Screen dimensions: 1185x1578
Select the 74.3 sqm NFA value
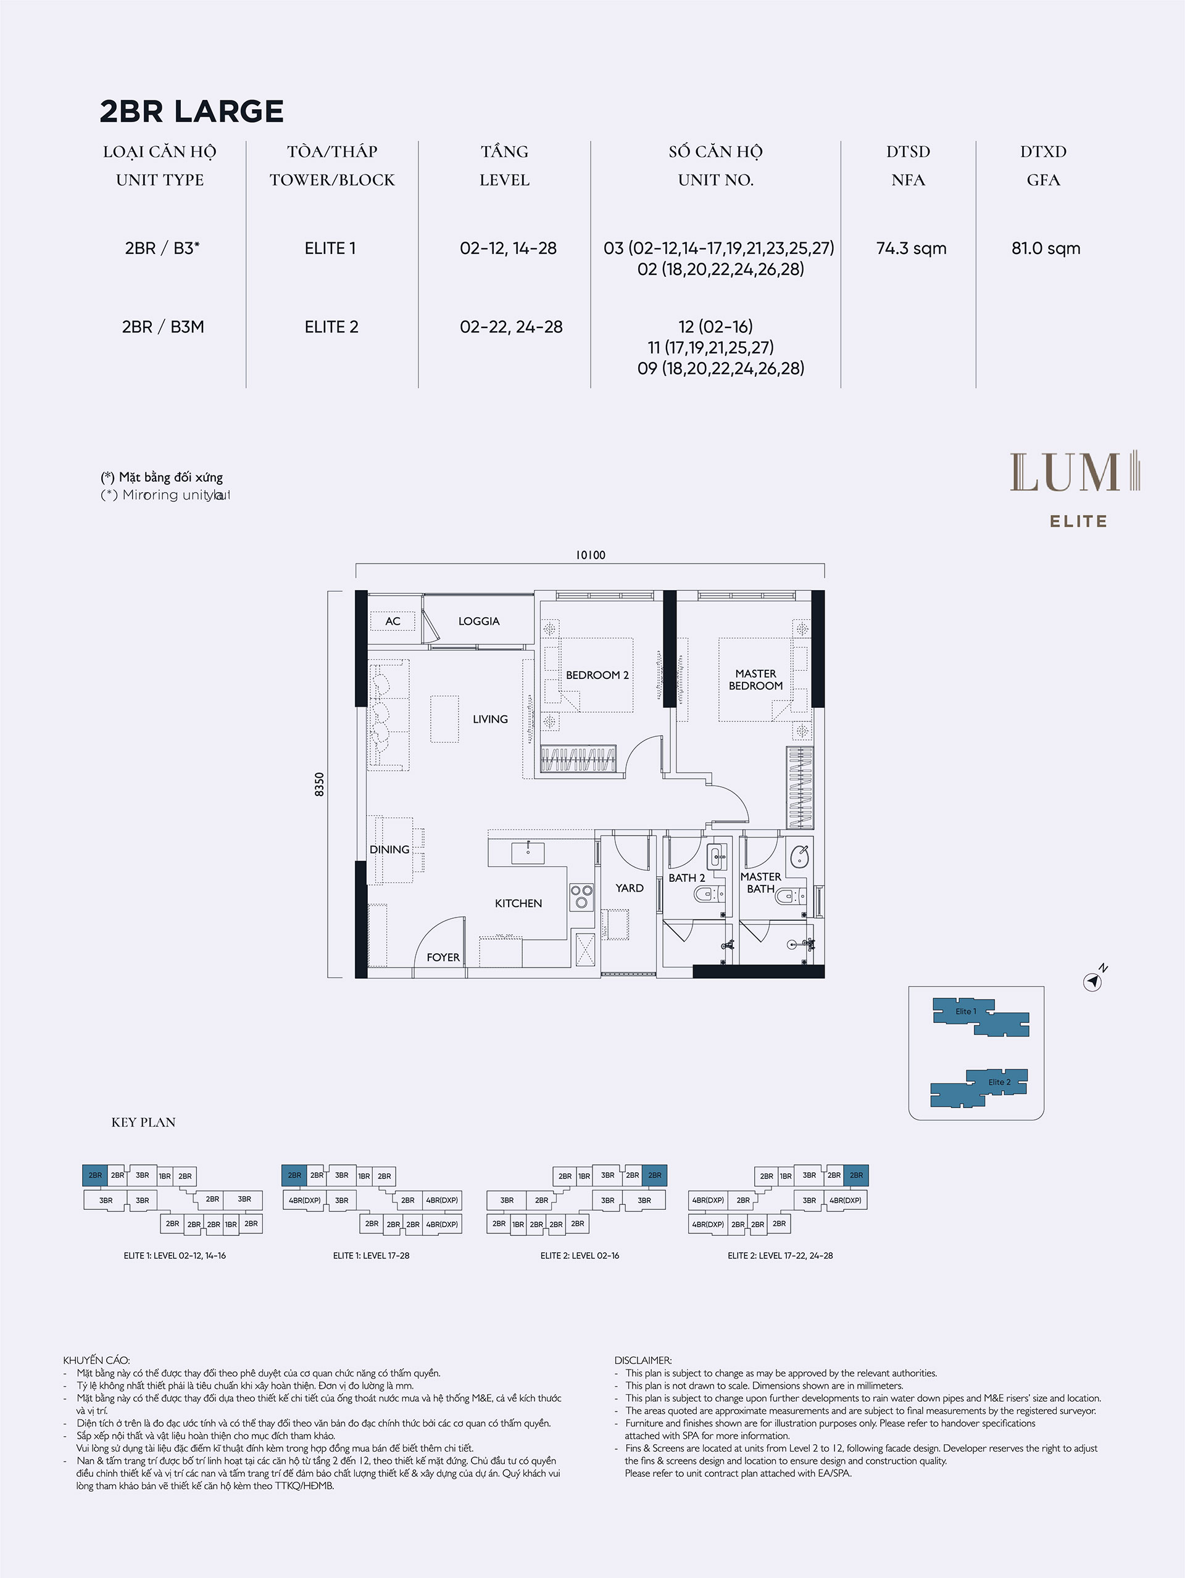(x=911, y=249)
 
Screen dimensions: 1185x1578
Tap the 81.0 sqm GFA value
(x=1046, y=249)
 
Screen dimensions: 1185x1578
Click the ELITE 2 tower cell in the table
(x=331, y=327)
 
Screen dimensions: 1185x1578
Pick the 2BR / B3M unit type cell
(x=163, y=327)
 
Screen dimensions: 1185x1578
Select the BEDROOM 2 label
(x=597, y=675)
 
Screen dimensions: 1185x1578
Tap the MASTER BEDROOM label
(x=756, y=680)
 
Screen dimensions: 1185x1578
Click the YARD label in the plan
(x=630, y=888)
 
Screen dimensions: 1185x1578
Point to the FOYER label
(x=443, y=958)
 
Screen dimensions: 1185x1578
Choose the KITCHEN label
(x=518, y=903)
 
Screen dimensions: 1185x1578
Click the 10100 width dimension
(x=591, y=555)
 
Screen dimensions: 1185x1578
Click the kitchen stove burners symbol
(x=582, y=896)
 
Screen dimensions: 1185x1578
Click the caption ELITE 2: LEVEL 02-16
(x=580, y=1255)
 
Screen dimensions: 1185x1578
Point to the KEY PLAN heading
(x=143, y=1122)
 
